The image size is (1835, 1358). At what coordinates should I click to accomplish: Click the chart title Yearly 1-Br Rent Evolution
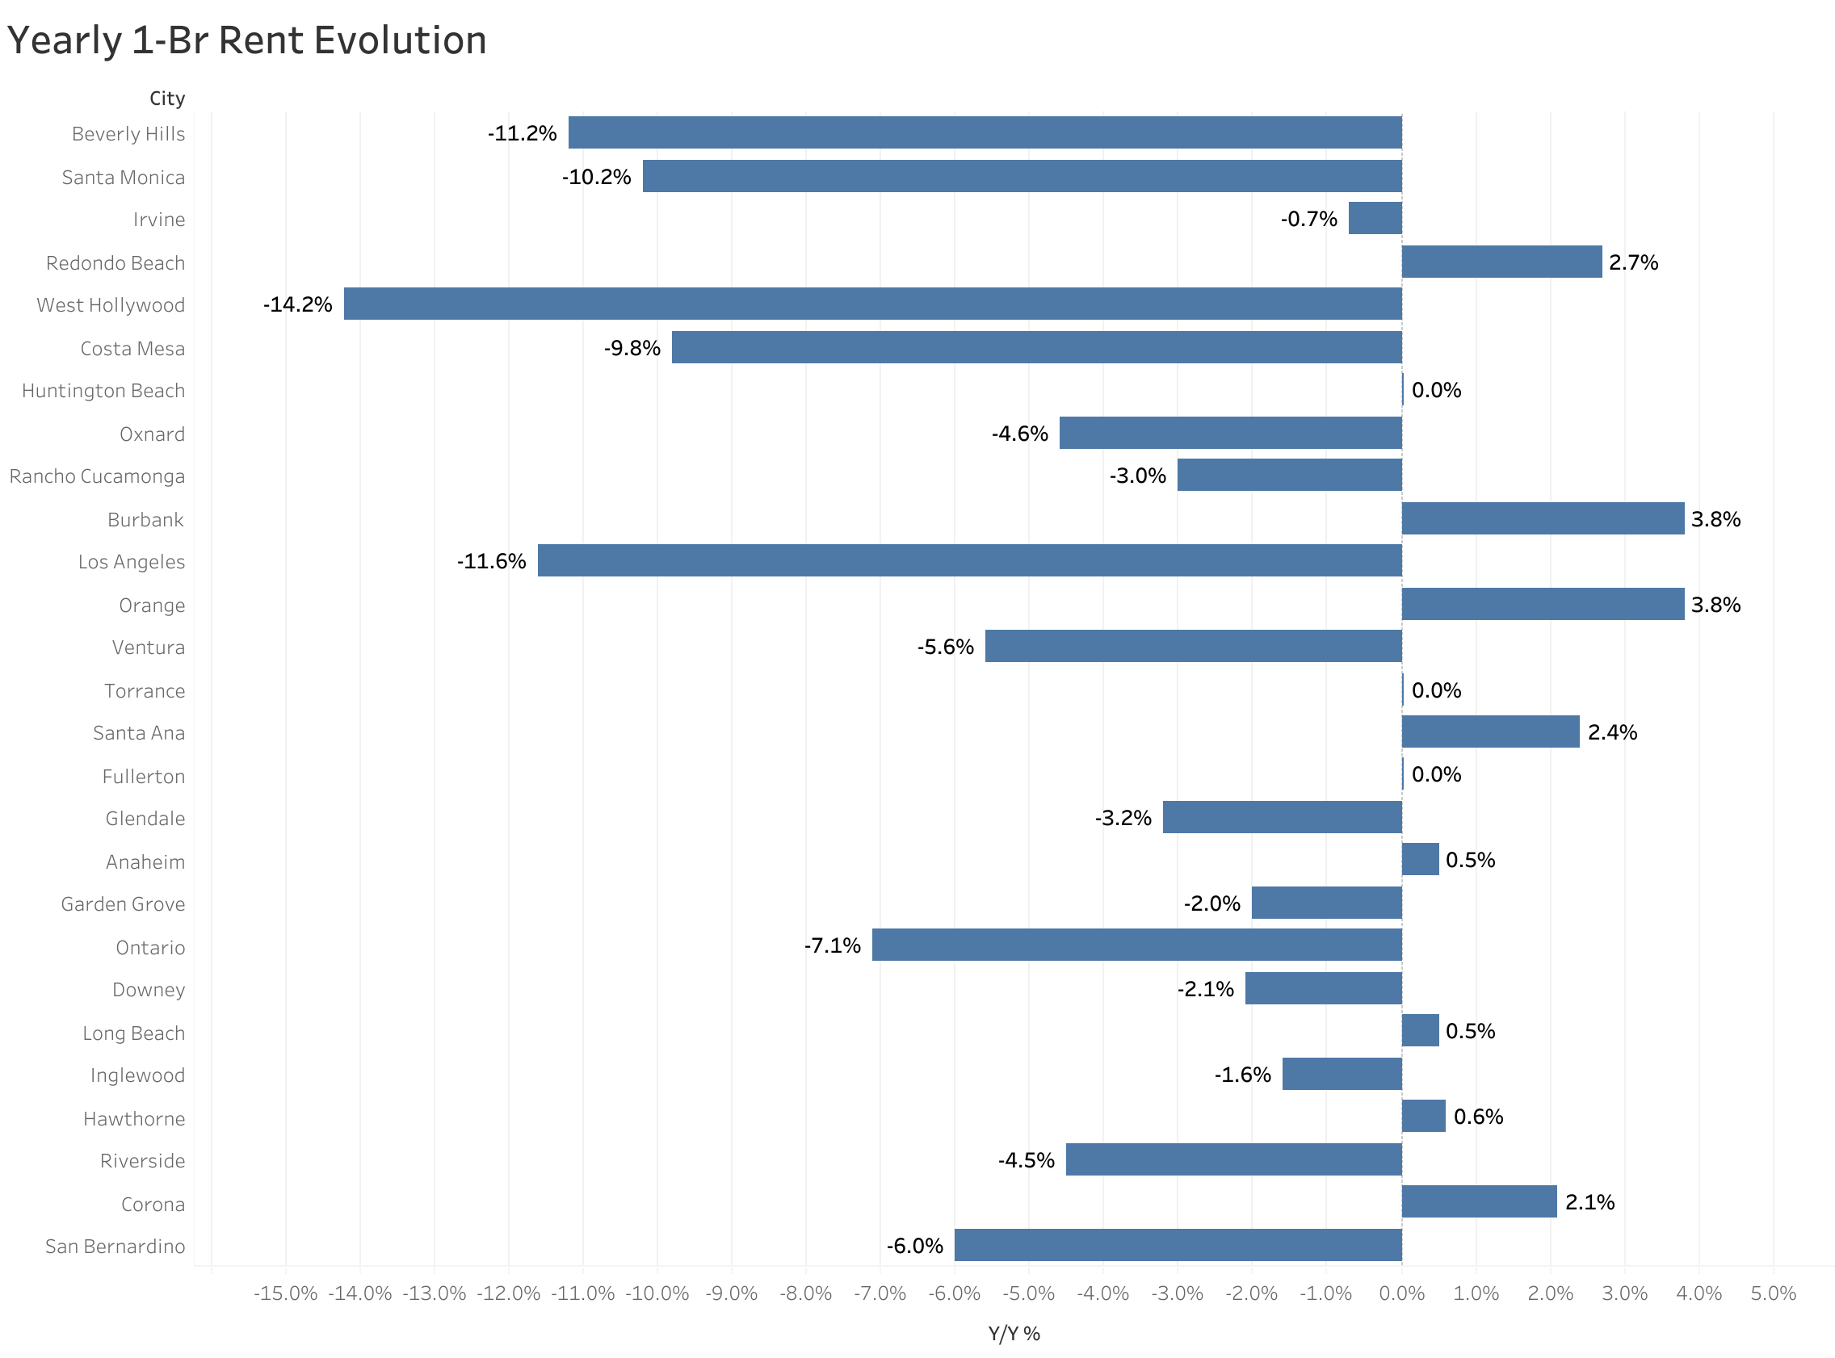coord(246,41)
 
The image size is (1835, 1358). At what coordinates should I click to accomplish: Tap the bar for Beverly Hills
coord(985,132)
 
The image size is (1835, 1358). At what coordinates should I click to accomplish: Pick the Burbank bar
coord(1543,518)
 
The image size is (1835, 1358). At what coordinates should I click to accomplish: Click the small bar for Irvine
coord(1375,219)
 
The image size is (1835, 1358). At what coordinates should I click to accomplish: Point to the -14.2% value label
coord(297,305)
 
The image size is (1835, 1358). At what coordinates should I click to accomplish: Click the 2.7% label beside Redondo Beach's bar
coord(1633,263)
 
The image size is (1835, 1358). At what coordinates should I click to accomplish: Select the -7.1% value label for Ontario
coord(832,946)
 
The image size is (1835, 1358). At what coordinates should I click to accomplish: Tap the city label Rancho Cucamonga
coord(97,477)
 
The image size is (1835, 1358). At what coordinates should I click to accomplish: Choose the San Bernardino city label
coord(115,1247)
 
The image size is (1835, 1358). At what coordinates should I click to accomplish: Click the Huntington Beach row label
coord(103,392)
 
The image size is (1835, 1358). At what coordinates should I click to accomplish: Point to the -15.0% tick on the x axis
coord(285,1294)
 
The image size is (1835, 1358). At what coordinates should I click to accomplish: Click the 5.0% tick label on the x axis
coord(1773,1294)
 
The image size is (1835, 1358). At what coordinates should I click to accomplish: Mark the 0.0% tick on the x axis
coord(1401,1294)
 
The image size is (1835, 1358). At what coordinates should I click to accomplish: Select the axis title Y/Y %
coord(1014,1334)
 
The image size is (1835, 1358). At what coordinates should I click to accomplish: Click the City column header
coord(167,98)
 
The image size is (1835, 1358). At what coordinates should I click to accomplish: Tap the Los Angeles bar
coord(969,560)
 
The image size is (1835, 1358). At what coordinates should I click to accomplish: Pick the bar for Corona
coord(1478,1202)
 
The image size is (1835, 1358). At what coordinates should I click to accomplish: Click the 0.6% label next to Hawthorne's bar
coord(1477,1117)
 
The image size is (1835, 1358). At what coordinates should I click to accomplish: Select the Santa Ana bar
coord(1489,731)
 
